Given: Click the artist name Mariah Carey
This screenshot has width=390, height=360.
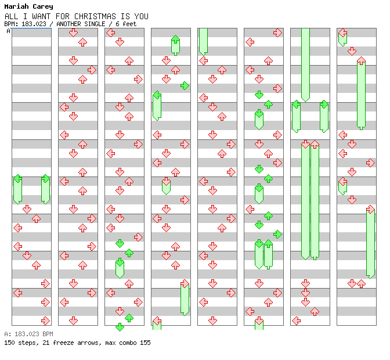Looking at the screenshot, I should (28, 6).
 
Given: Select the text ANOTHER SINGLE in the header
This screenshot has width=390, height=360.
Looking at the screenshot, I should (81, 24).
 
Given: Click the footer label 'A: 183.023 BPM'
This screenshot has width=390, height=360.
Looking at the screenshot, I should (28, 334).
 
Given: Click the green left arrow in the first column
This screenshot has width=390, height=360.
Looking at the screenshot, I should (17, 179).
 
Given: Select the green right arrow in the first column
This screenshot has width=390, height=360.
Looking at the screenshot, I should (45, 179).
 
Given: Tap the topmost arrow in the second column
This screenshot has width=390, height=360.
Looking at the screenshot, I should (73, 33).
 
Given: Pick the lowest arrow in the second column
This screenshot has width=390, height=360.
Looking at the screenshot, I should (73, 321).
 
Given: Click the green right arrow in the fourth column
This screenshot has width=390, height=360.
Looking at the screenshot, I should (185, 86).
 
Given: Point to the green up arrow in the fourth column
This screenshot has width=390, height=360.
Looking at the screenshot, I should (175, 39).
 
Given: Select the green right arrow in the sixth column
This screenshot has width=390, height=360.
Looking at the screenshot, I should (277, 235).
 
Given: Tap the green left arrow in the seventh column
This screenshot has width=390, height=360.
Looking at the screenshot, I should (296, 105).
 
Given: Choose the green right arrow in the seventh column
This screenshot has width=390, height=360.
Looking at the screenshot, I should (324, 105).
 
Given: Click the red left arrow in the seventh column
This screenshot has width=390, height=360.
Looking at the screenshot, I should (296, 321).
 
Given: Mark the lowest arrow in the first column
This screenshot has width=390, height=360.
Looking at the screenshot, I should (45, 321).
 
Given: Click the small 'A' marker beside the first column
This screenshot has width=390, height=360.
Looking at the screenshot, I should (8, 31).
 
